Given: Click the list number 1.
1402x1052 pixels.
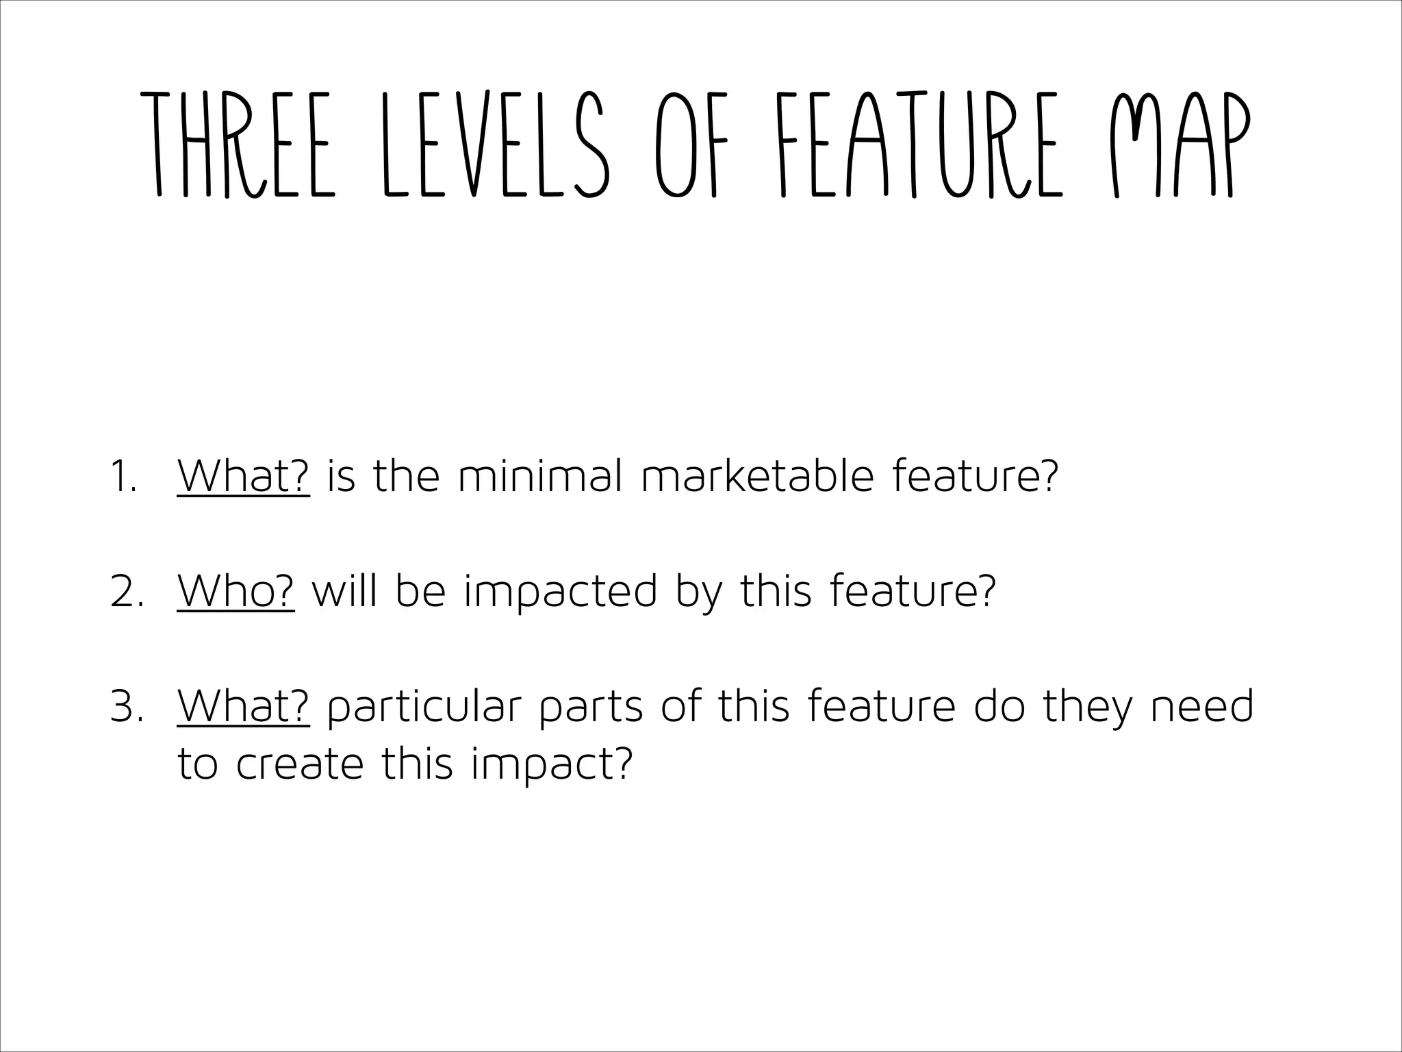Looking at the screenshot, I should point(123,477).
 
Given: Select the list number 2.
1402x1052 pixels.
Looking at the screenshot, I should point(127,592).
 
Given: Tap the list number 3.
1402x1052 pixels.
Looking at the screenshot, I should point(127,707).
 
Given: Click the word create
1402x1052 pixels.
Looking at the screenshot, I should point(300,764).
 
